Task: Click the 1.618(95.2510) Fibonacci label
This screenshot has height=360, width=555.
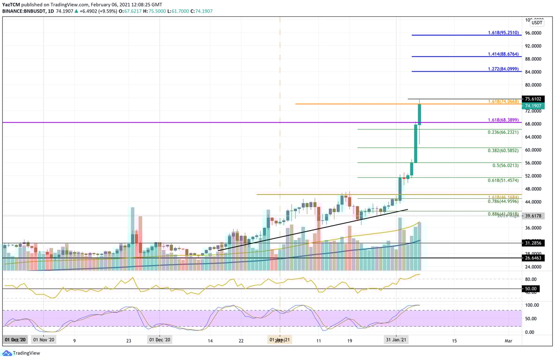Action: [503, 33]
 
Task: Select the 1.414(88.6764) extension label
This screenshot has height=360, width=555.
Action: [503, 54]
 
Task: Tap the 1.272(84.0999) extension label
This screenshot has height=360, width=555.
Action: [503, 69]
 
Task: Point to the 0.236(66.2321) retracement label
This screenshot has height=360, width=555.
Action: [503, 132]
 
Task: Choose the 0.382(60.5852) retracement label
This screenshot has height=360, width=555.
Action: [503, 150]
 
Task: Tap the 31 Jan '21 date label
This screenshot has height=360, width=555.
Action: [396, 339]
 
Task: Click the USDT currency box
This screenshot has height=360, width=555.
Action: [537, 22]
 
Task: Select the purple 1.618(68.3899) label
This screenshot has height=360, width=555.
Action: [503, 120]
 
